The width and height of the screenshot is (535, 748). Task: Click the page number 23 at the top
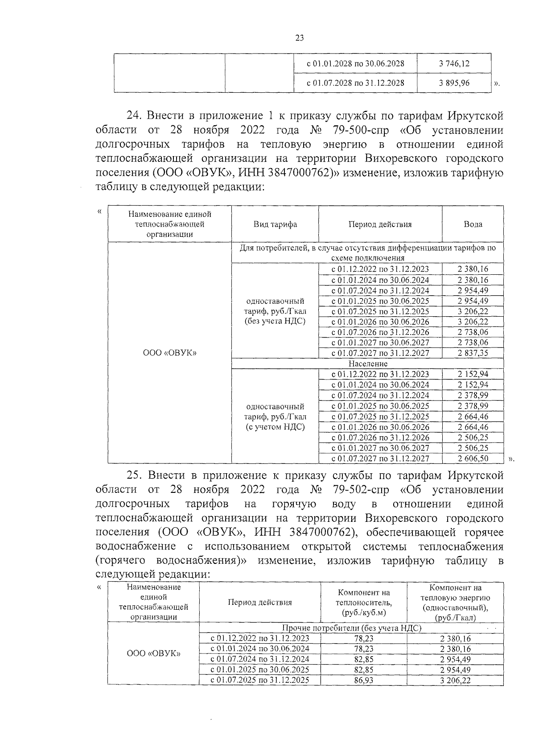click(x=299, y=38)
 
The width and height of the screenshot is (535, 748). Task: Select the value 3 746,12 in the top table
click(x=454, y=63)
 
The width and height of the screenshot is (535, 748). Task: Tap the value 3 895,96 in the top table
click(x=454, y=83)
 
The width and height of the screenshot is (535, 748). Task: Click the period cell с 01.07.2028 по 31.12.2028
click(x=355, y=83)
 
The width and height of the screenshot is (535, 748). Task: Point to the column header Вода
click(x=473, y=224)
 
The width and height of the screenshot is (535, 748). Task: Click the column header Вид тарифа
click(x=275, y=224)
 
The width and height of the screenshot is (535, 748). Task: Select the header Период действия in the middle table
click(x=380, y=224)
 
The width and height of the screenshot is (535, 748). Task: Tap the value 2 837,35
click(x=473, y=353)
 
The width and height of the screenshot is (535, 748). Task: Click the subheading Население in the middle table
click(x=368, y=364)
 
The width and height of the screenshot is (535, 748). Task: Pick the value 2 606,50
click(x=473, y=458)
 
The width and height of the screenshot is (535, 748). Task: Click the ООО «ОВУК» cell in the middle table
click(x=169, y=353)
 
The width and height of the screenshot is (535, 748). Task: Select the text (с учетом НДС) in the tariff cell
click(x=275, y=427)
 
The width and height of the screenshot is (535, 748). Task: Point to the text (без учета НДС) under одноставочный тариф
click(x=275, y=321)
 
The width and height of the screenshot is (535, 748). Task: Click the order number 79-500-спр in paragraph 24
click(x=360, y=130)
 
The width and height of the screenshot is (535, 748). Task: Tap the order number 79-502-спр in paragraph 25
click(x=360, y=489)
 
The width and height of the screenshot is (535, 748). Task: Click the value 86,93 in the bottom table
click(x=363, y=681)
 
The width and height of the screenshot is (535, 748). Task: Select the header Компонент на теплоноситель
click(x=363, y=603)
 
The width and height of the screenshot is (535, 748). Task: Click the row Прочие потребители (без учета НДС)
click(x=351, y=628)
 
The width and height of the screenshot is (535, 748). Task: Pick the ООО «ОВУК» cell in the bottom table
click(x=153, y=653)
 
